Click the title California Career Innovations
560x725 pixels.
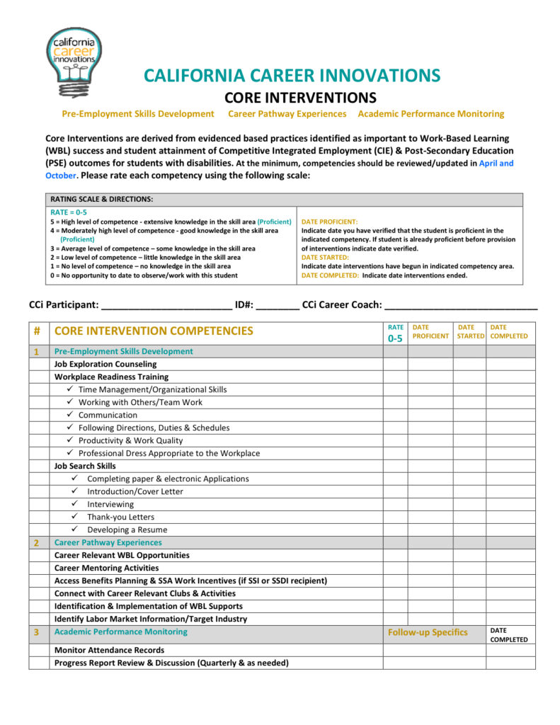pos(292,76)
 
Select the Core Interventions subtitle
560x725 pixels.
pos(300,97)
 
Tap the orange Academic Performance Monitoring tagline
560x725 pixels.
pos(430,113)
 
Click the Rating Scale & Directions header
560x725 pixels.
pos(102,200)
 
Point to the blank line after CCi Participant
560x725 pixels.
pos(167,305)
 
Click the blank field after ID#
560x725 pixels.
pos(278,305)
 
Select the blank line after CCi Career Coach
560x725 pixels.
pos(461,305)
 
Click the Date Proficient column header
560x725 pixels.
pos(430,331)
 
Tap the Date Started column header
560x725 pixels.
pos(469,331)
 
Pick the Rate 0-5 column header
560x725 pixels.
pos(396,333)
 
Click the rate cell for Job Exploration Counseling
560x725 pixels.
pos(396,364)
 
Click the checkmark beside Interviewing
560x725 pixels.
pos(74,504)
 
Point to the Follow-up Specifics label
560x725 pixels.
pos(428,632)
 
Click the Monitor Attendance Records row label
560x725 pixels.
pos(109,650)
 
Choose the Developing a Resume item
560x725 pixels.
pos(127,530)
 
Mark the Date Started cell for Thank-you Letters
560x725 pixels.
pos(469,517)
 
